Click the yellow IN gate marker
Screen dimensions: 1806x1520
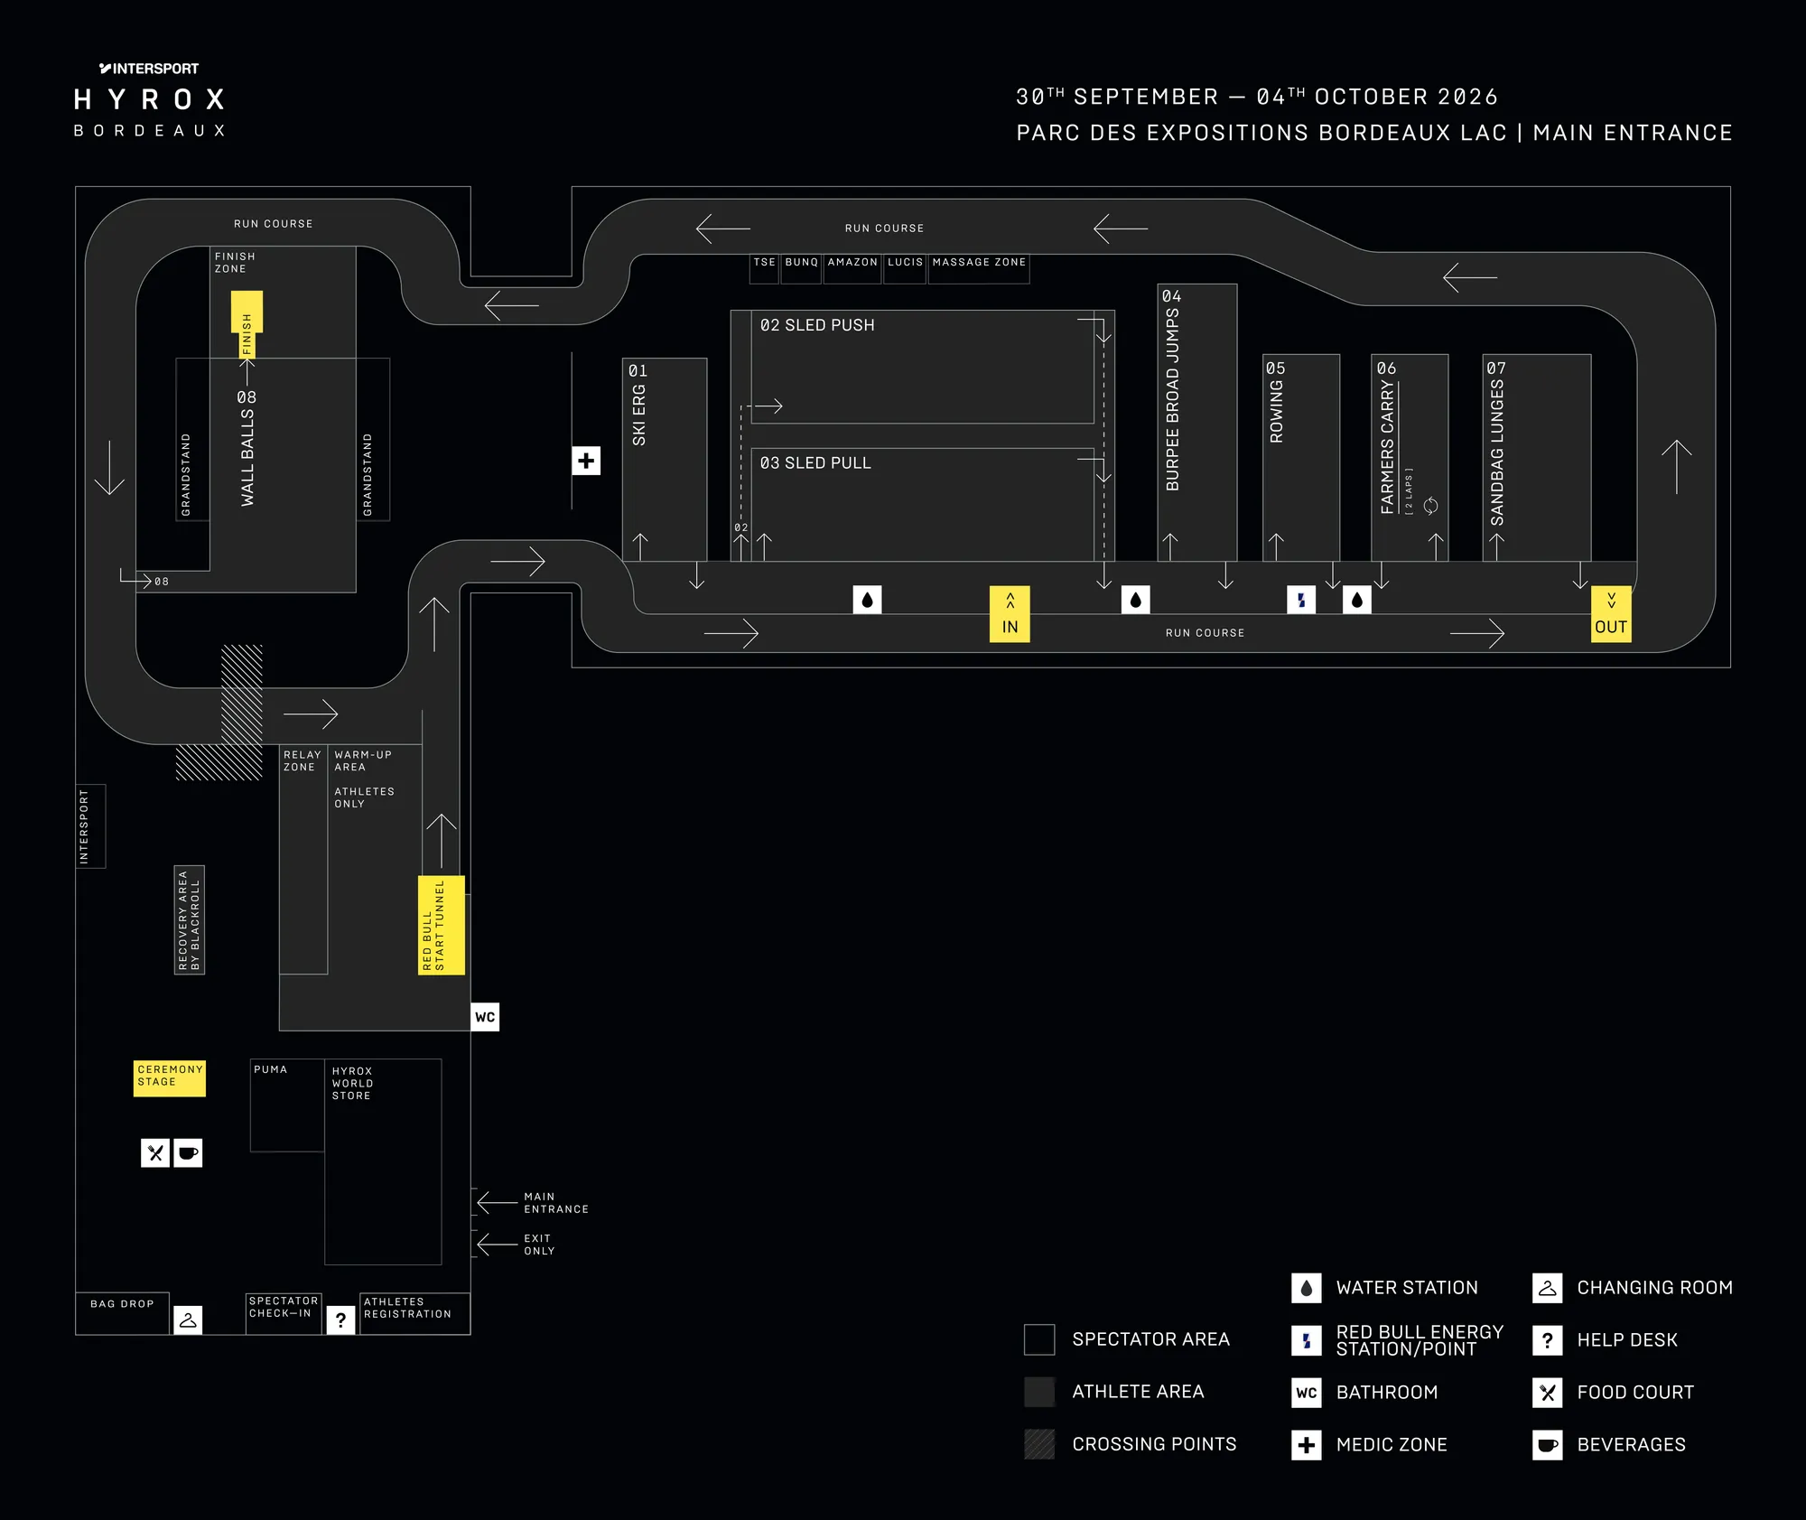1010,614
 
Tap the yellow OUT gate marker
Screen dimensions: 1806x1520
1611,614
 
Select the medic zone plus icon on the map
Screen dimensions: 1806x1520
586,461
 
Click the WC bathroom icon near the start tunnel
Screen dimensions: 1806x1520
485,1017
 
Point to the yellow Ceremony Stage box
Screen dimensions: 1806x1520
170,1078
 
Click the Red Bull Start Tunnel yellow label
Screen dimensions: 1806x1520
442,925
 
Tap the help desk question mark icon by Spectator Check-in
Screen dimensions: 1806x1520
340,1320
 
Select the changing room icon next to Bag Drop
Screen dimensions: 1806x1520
188,1320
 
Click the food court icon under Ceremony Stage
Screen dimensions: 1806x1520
155,1152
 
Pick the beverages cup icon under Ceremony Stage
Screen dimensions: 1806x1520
188,1152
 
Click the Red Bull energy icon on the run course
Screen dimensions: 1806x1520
1301,600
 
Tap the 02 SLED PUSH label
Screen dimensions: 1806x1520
817,325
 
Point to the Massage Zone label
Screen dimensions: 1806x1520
979,262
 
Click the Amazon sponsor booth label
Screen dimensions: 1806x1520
852,262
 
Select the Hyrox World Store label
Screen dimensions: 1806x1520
352,1083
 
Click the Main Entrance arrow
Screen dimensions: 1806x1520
498,1202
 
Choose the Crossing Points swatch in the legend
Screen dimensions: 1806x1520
1039,1444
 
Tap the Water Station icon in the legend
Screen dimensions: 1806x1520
1306,1288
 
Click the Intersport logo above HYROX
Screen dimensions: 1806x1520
149,69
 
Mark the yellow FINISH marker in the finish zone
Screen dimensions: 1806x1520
247,325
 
